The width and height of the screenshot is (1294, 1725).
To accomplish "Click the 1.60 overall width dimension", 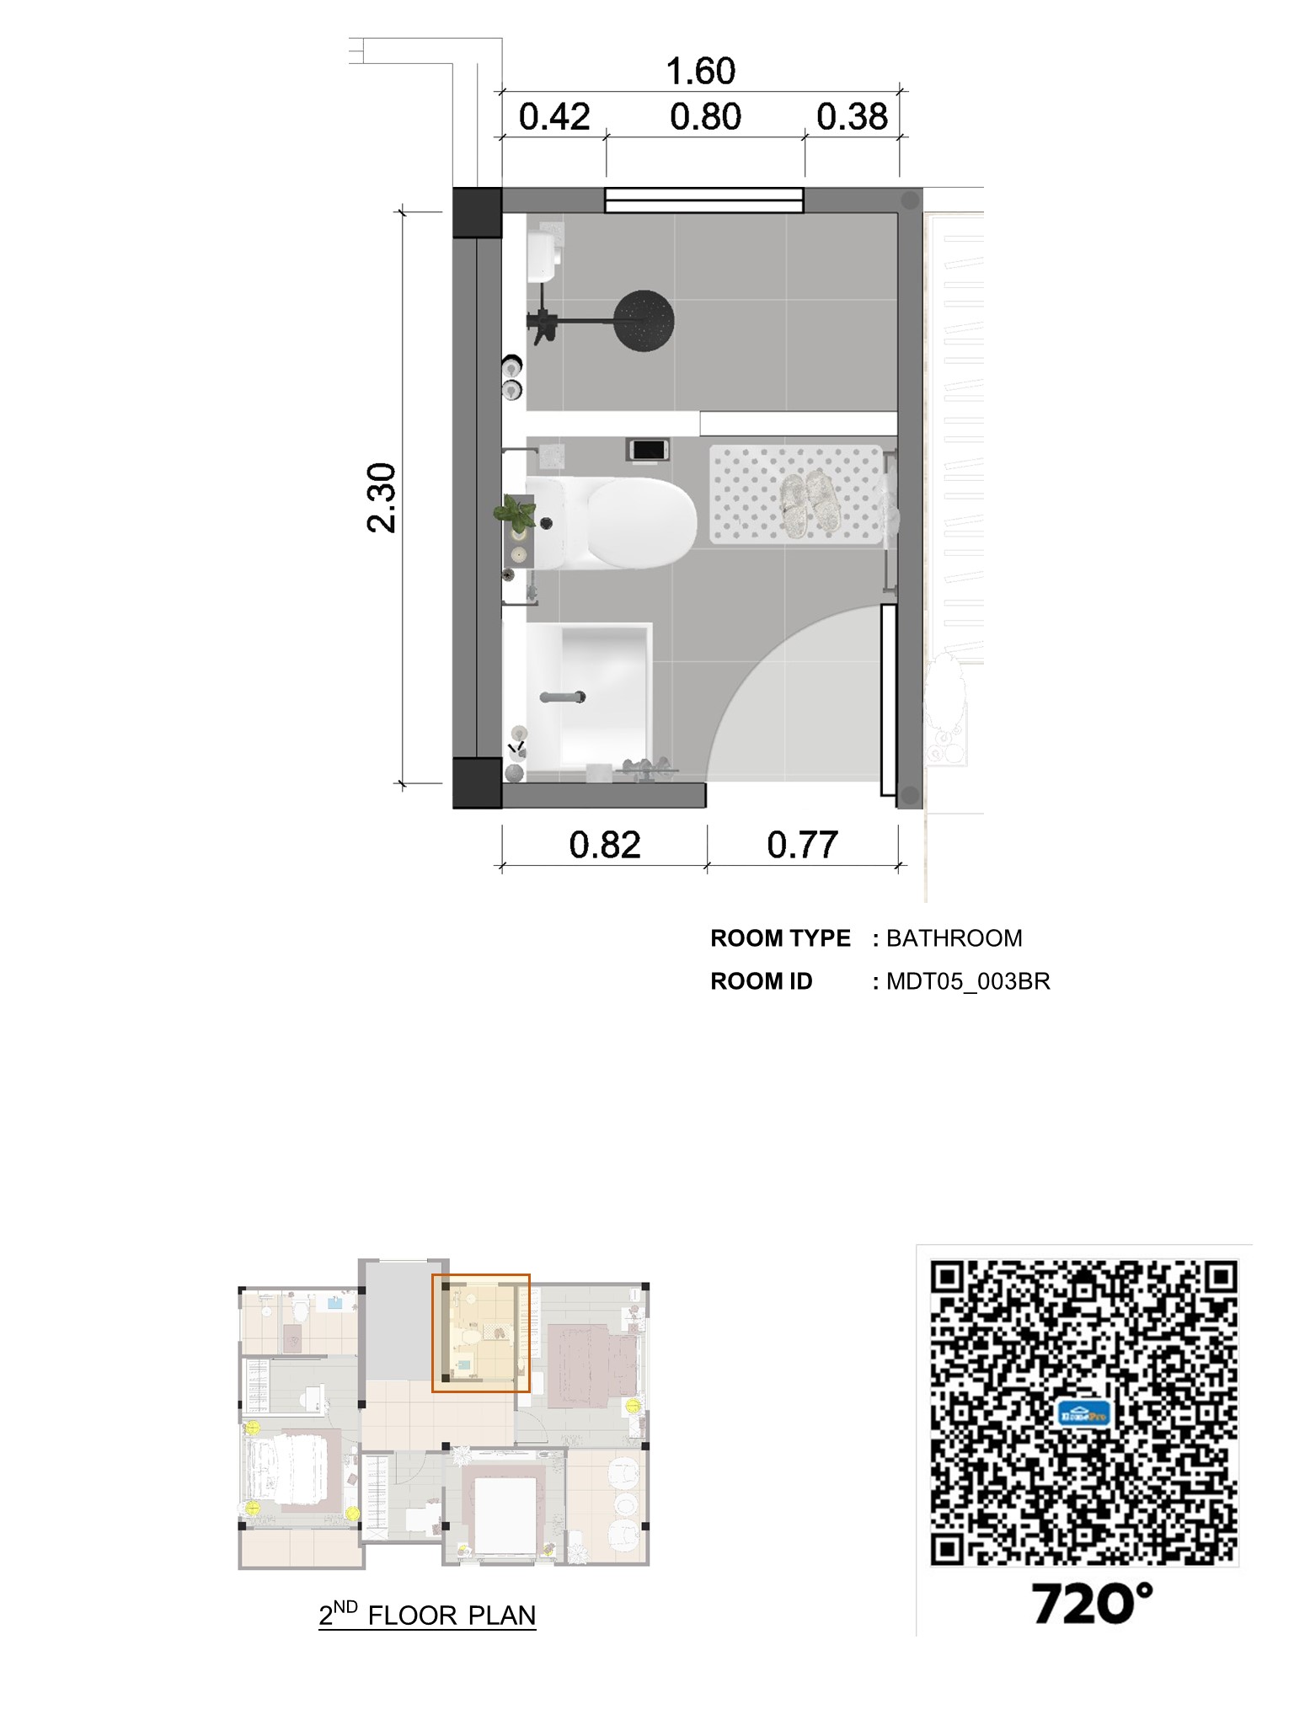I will (701, 72).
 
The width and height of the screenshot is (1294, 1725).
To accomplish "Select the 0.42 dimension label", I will (554, 117).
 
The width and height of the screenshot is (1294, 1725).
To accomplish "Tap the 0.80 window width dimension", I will (705, 117).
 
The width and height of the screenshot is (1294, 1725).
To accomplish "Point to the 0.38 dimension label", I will (852, 117).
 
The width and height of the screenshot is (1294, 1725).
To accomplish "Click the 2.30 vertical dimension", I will (382, 497).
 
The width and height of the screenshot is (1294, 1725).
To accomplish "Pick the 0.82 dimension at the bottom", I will (605, 845).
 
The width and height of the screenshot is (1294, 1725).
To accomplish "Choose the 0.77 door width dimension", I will (802, 845).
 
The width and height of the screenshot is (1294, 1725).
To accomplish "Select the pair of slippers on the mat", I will (808, 503).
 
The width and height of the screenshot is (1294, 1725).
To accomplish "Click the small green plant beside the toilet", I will (514, 511).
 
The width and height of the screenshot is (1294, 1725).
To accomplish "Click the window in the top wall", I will (704, 200).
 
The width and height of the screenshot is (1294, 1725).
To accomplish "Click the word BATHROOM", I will (954, 938).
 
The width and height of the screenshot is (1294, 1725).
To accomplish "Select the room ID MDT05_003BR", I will (968, 982).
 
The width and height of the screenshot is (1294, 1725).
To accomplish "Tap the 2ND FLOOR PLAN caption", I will (427, 1615).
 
